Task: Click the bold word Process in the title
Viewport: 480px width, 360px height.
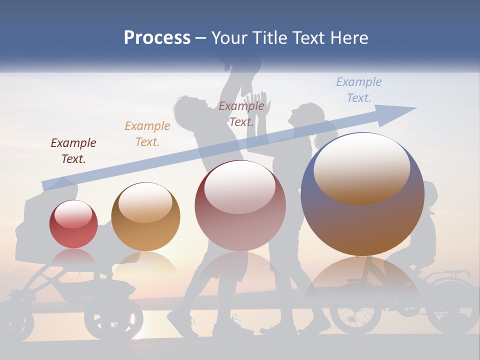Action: coord(157,38)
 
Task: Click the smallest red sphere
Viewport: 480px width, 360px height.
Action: coord(73,224)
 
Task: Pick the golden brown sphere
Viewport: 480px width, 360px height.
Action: coord(145,217)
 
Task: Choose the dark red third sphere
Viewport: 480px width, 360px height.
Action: coord(240,205)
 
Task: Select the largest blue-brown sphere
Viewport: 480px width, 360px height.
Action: coord(362,194)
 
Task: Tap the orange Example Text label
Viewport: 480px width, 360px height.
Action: coord(147,134)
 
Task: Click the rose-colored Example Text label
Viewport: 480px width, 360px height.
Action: coord(241,113)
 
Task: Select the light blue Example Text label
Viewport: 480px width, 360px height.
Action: coord(358,89)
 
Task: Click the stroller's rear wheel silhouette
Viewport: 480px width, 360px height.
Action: coord(113,320)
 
